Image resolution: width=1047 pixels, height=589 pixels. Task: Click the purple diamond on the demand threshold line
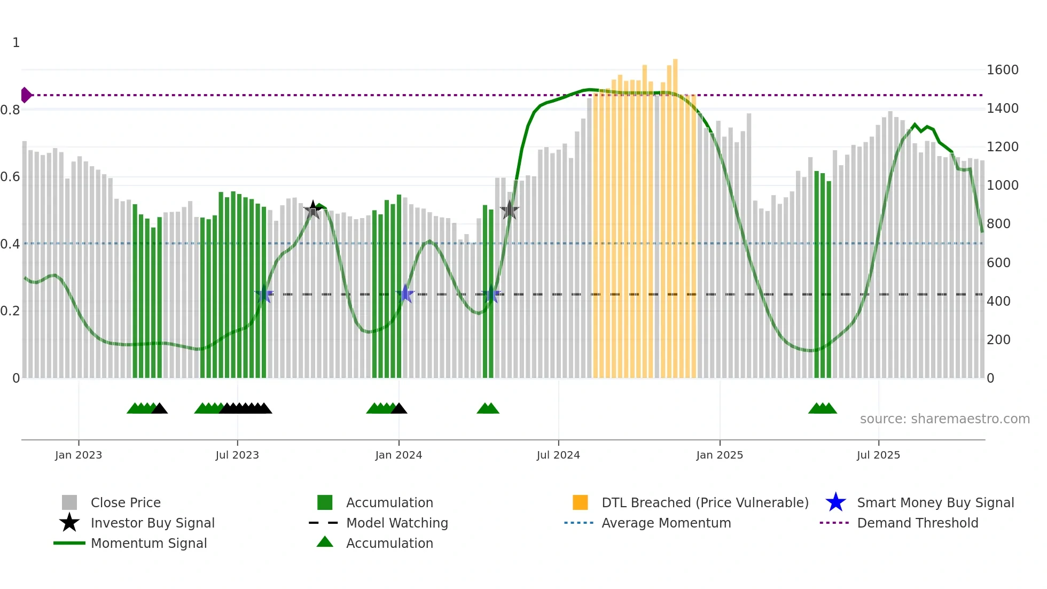[x=26, y=95]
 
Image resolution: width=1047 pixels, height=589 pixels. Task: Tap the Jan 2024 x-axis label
[x=399, y=455]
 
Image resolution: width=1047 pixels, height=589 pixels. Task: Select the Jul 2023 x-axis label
[x=237, y=455]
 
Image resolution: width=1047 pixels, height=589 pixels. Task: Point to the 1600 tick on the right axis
[x=1002, y=70]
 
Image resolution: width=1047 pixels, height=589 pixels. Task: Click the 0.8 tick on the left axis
[x=11, y=110]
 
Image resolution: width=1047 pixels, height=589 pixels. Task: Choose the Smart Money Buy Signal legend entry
[x=935, y=502]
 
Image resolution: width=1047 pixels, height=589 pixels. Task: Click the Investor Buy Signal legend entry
[x=152, y=523]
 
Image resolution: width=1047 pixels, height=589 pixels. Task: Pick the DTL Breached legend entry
[x=705, y=502]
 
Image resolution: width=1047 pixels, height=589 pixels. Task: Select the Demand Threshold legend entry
[x=917, y=523]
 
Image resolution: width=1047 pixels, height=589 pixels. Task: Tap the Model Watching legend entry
[x=396, y=523]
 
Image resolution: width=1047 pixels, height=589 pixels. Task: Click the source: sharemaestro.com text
[x=944, y=419]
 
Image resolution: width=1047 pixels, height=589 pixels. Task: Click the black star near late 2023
[x=313, y=210]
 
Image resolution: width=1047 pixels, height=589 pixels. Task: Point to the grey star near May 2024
[x=510, y=210]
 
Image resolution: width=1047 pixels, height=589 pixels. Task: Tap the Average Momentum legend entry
[x=666, y=523]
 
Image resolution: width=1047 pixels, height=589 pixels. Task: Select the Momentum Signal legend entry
[x=149, y=543]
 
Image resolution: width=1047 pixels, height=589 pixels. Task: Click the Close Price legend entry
[x=125, y=502]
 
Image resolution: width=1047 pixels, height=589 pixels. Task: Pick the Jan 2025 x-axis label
[x=720, y=455]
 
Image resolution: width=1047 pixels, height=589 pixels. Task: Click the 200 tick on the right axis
[x=998, y=340]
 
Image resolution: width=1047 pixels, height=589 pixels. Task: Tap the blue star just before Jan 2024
[x=405, y=293]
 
